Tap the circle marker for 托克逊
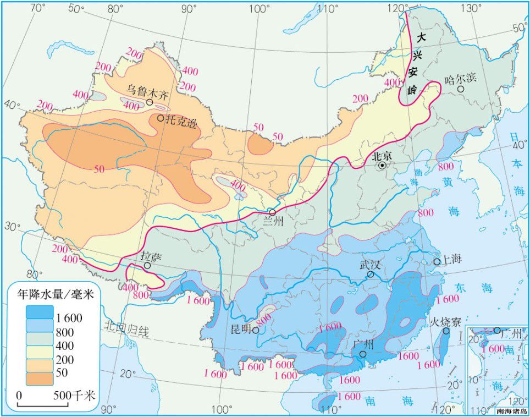pyautogui.click(x=160, y=118)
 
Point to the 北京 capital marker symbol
pyautogui.click(x=383, y=165)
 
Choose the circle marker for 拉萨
pyautogui.click(x=147, y=266)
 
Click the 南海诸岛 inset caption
pyautogui.click(x=511, y=411)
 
